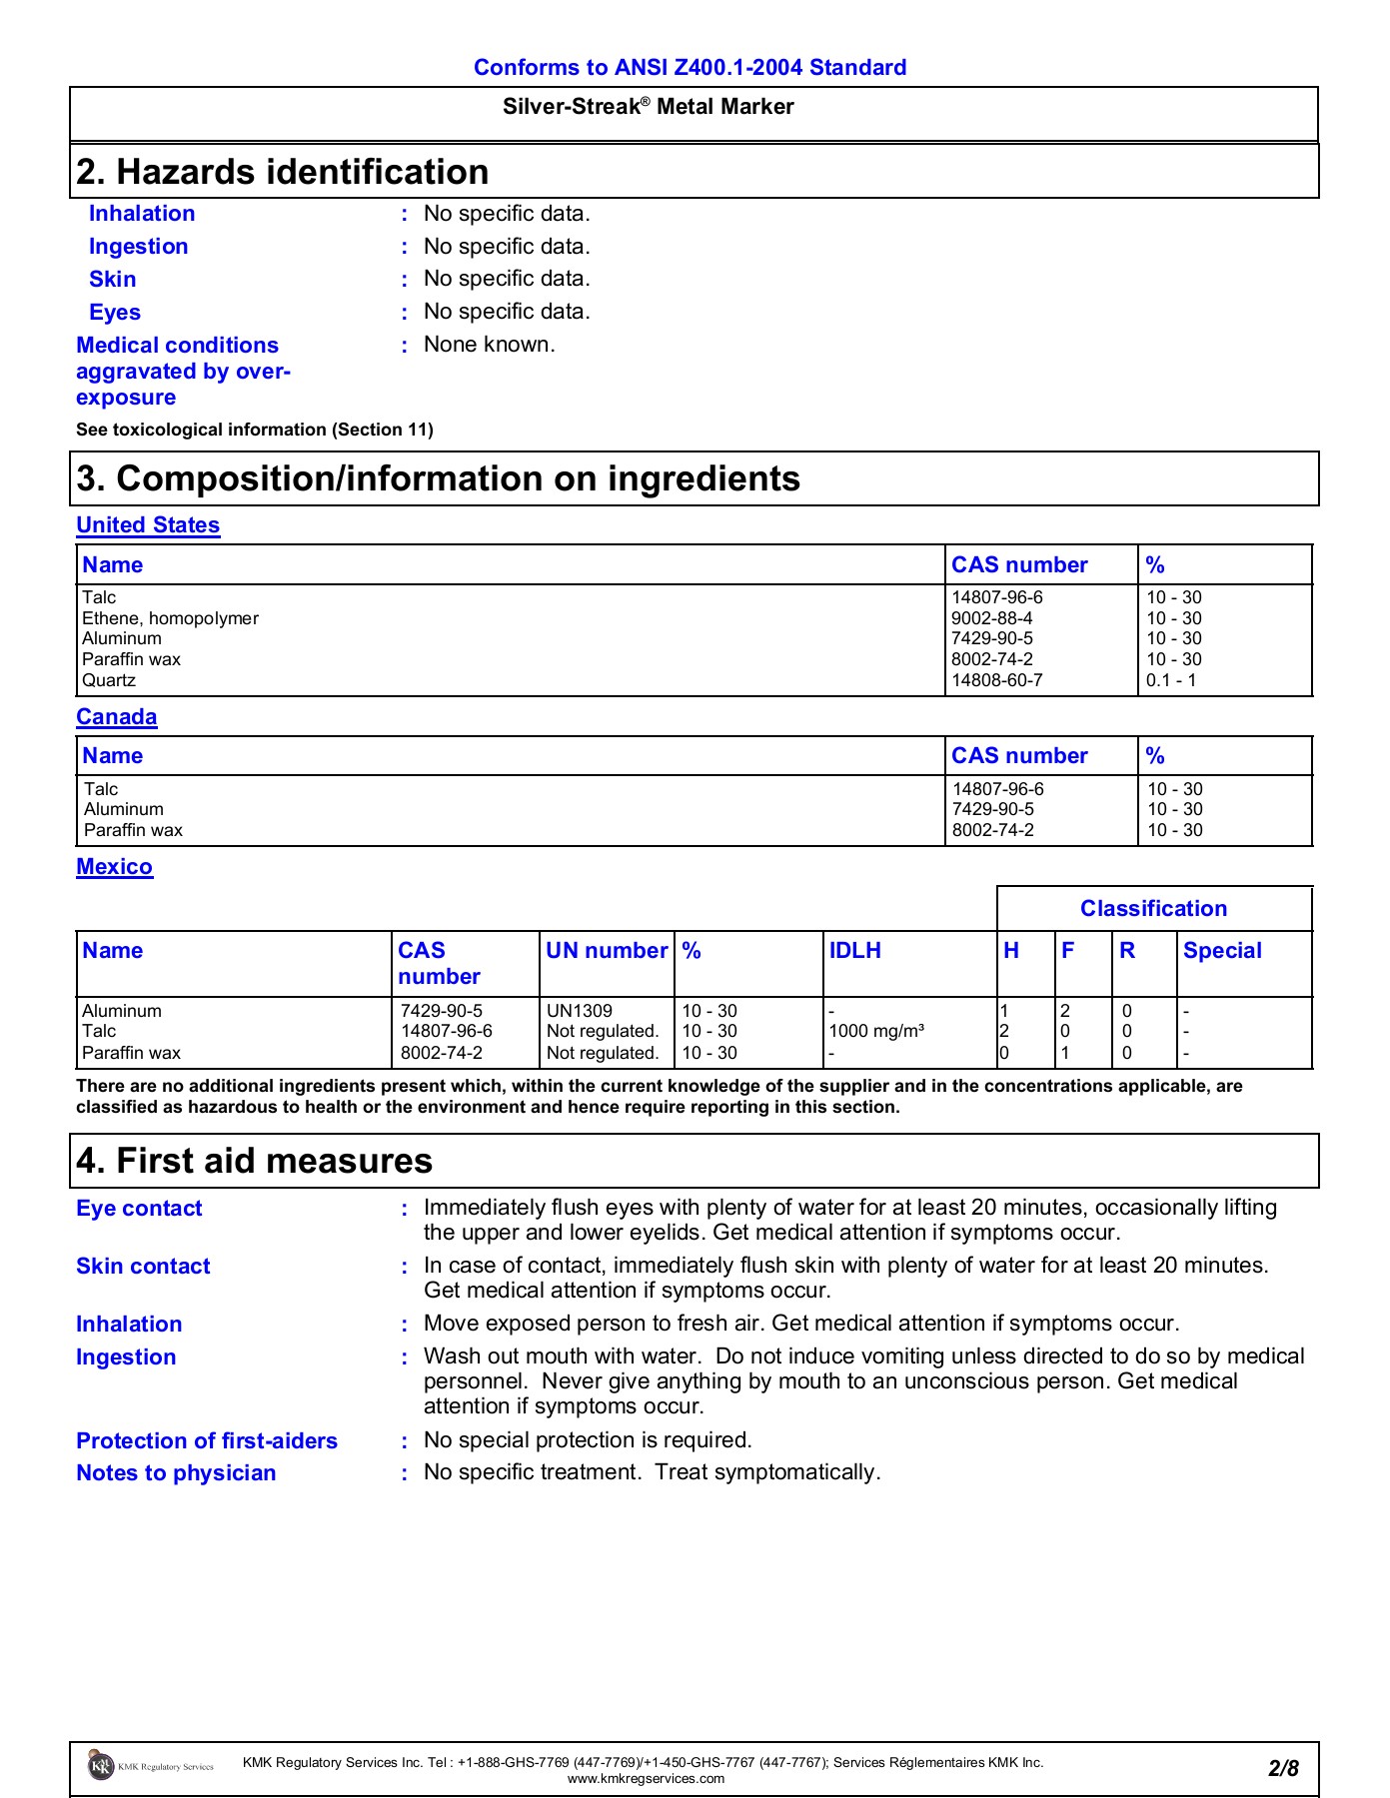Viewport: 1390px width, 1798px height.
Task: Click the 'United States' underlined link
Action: click(148, 525)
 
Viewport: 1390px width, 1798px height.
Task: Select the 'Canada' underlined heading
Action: click(116, 717)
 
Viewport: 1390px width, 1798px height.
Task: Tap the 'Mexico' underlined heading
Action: click(114, 867)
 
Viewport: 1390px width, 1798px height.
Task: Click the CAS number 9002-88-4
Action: click(991, 618)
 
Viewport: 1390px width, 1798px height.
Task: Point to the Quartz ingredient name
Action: click(109, 680)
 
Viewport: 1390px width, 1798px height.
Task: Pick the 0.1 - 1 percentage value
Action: click(1170, 680)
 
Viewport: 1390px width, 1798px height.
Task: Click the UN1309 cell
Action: click(579, 1011)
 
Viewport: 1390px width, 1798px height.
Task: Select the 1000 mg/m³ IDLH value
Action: click(875, 1032)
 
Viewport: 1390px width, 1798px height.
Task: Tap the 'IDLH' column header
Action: click(854, 951)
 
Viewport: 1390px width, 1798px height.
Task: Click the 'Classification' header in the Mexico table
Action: click(1153, 909)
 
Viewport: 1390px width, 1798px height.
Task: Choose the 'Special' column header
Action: click(1221, 951)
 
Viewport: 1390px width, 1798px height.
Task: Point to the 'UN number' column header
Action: click(606, 951)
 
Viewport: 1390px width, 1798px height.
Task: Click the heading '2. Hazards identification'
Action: click(283, 172)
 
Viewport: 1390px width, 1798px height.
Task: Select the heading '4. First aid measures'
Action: click(255, 1161)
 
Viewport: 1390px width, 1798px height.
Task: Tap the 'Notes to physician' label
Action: click(176, 1473)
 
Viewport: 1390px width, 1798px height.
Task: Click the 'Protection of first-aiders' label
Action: click(207, 1441)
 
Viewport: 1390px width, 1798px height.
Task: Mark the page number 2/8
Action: click(1283, 1769)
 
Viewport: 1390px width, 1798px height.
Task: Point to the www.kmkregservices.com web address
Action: click(646, 1779)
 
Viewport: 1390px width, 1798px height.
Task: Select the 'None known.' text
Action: click(489, 345)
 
